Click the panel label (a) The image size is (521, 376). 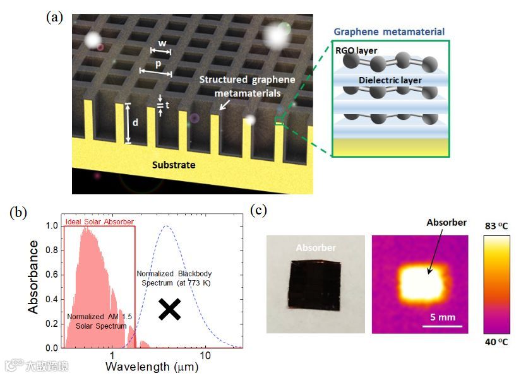pos(55,17)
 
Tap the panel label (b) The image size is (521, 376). pos(19,213)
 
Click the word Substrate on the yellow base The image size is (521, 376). pos(174,165)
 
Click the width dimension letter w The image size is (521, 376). pos(162,43)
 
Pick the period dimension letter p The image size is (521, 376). pos(158,64)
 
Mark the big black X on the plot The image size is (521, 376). pos(170,308)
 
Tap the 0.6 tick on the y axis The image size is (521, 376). pos(52,275)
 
